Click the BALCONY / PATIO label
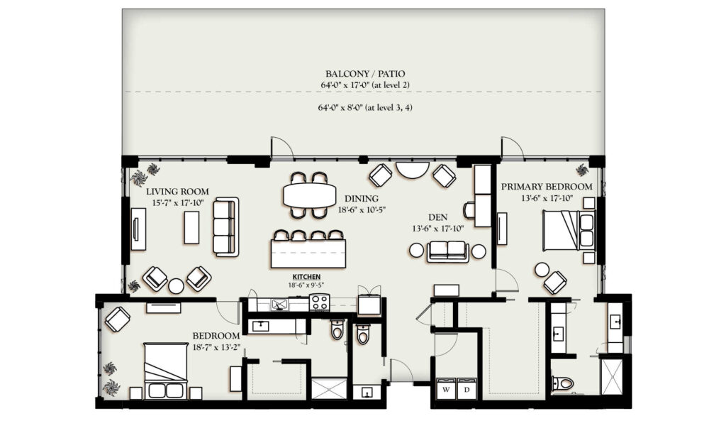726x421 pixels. (x=365, y=74)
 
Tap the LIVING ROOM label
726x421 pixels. (x=177, y=192)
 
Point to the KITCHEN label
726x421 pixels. (x=306, y=277)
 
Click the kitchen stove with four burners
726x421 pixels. (x=319, y=302)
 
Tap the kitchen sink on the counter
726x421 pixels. (x=279, y=304)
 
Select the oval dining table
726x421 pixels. (x=310, y=195)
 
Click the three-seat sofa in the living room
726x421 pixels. (x=226, y=226)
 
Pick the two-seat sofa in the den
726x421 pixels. (x=448, y=251)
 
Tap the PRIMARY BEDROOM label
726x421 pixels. (x=547, y=187)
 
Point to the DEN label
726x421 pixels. (x=437, y=217)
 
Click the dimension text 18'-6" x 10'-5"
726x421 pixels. (x=362, y=209)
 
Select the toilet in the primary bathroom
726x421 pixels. (x=562, y=383)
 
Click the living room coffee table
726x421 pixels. (x=191, y=227)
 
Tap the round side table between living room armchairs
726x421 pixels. (x=176, y=285)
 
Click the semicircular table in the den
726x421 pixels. (x=413, y=170)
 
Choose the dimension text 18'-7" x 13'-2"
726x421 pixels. (x=217, y=346)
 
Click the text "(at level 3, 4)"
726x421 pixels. (x=389, y=108)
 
